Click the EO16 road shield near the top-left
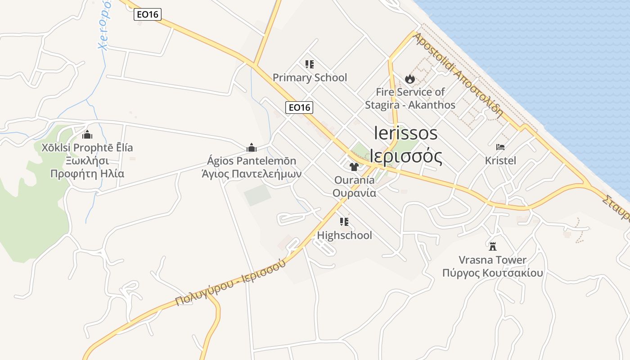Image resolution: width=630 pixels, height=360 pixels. pyautogui.click(x=148, y=14)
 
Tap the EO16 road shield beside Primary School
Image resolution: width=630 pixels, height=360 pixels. pyautogui.click(x=299, y=108)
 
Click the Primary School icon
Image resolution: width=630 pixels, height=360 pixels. pyautogui.click(x=309, y=64)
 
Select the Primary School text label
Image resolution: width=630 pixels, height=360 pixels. pyautogui.click(x=310, y=77)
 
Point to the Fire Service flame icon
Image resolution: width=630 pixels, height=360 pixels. pyautogui.click(x=409, y=79)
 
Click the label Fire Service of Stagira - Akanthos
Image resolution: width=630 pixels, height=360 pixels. pyautogui.click(x=410, y=99)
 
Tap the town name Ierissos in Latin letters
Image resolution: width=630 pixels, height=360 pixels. pyautogui.click(x=405, y=133)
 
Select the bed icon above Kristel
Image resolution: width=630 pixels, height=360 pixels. pyautogui.click(x=500, y=147)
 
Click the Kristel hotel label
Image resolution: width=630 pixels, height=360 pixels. pyautogui.click(x=500, y=160)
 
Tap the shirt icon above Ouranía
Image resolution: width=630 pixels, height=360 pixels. pyautogui.click(x=354, y=167)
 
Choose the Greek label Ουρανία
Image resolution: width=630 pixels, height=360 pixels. pyautogui.click(x=354, y=193)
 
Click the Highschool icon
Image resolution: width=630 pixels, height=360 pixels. pyautogui.click(x=344, y=222)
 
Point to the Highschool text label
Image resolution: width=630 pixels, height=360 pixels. pyautogui.click(x=344, y=235)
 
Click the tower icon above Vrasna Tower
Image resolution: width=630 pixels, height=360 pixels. pyautogui.click(x=493, y=246)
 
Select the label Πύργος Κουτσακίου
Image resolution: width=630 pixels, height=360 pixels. pyautogui.click(x=492, y=273)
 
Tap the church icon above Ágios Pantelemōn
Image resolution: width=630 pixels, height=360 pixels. pyautogui.click(x=252, y=147)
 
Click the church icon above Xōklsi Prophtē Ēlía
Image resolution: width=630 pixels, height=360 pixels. pyautogui.click(x=87, y=135)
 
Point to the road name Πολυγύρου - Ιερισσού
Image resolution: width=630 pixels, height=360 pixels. pyautogui.click(x=230, y=283)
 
